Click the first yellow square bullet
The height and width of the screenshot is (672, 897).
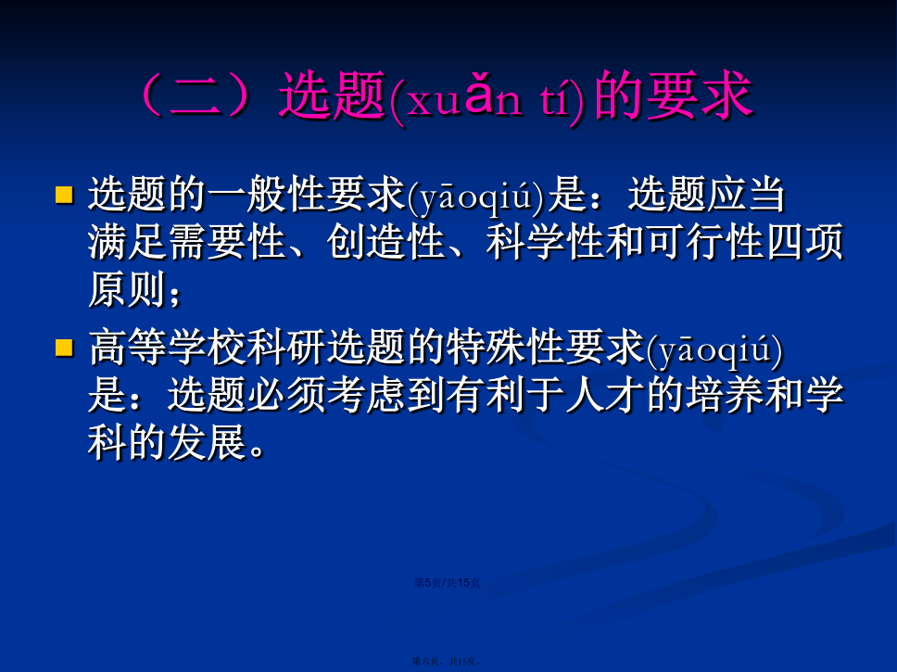pyautogui.click(x=64, y=195)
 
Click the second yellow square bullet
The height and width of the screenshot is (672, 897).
pyautogui.click(x=64, y=348)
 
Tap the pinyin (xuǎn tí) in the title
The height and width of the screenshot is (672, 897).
pyautogui.click(x=488, y=97)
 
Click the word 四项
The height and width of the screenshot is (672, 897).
pyautogui.click(x=804, y=242)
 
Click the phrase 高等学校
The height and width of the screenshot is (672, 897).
pyautogui.click(x=168, y=348)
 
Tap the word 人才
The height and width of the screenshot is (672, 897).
pyautogui.click(x=605, y=395)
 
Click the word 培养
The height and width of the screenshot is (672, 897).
pyautogui.click(x=726, y=395)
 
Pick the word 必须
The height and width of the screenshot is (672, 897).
pyautogui.click(x=286, y=395)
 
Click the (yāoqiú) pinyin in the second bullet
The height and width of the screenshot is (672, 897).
pyautogui.click(x=714, y=350)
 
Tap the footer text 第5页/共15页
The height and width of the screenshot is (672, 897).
pyautogui.click(x=447, y=583)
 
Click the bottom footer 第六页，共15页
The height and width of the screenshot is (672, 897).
pyautogui.click(x=447, y=661)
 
